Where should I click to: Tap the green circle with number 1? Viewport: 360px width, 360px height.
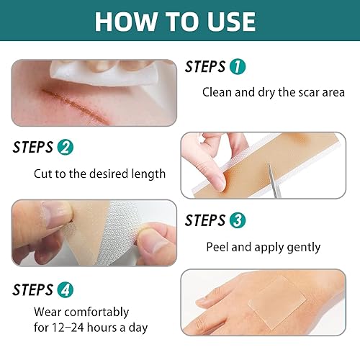[237, 67]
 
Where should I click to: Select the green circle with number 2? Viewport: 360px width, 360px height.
[65, 148]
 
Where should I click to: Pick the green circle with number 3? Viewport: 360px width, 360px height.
[237, 221]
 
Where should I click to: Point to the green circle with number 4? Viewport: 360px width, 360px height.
[65, 289]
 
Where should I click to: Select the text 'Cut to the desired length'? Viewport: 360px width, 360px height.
[99, 174]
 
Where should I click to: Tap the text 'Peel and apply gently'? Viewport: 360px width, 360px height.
[263, 247]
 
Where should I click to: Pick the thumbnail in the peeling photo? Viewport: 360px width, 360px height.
[54, 213]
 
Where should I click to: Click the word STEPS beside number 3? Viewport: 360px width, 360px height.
[204, 221]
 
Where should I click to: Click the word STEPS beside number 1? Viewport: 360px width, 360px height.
[206, 67]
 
